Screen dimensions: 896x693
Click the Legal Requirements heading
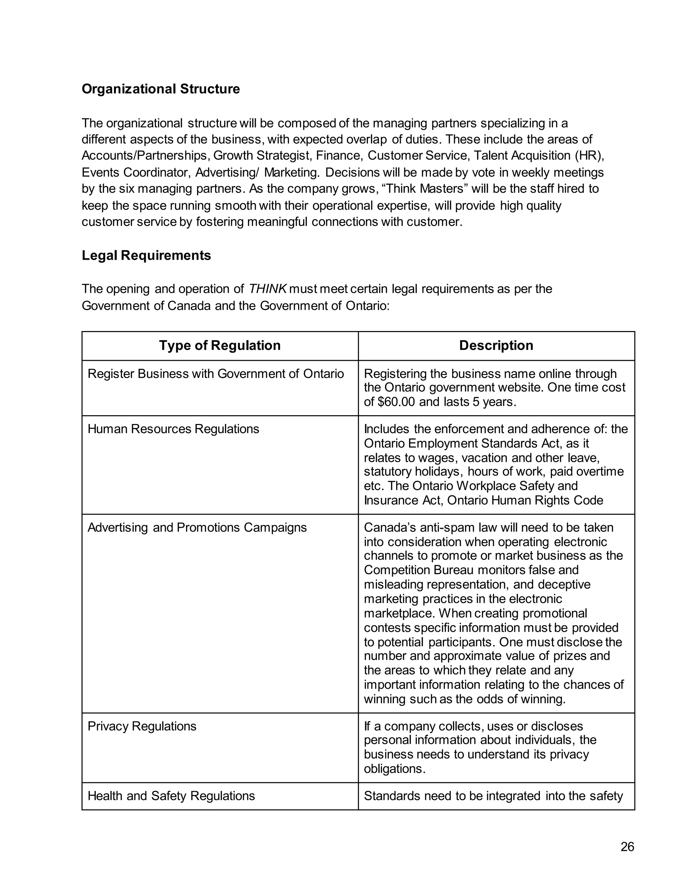point(146,255)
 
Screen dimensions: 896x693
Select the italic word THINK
point(267,289)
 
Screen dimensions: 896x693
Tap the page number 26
point(627,846)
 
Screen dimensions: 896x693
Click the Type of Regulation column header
point(220,346)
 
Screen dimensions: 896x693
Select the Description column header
point(496,346)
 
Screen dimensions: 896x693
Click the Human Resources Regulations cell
point(173,429)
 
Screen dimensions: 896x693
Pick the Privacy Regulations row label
point(142,726)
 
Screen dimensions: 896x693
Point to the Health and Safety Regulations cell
point(171,796)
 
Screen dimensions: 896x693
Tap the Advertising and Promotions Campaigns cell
point(197,527)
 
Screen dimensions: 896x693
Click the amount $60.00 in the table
point(396,402)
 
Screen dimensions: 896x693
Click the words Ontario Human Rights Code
point(525,500)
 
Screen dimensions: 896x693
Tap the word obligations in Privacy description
point(395,769)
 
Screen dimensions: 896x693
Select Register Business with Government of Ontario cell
point(216,374)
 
